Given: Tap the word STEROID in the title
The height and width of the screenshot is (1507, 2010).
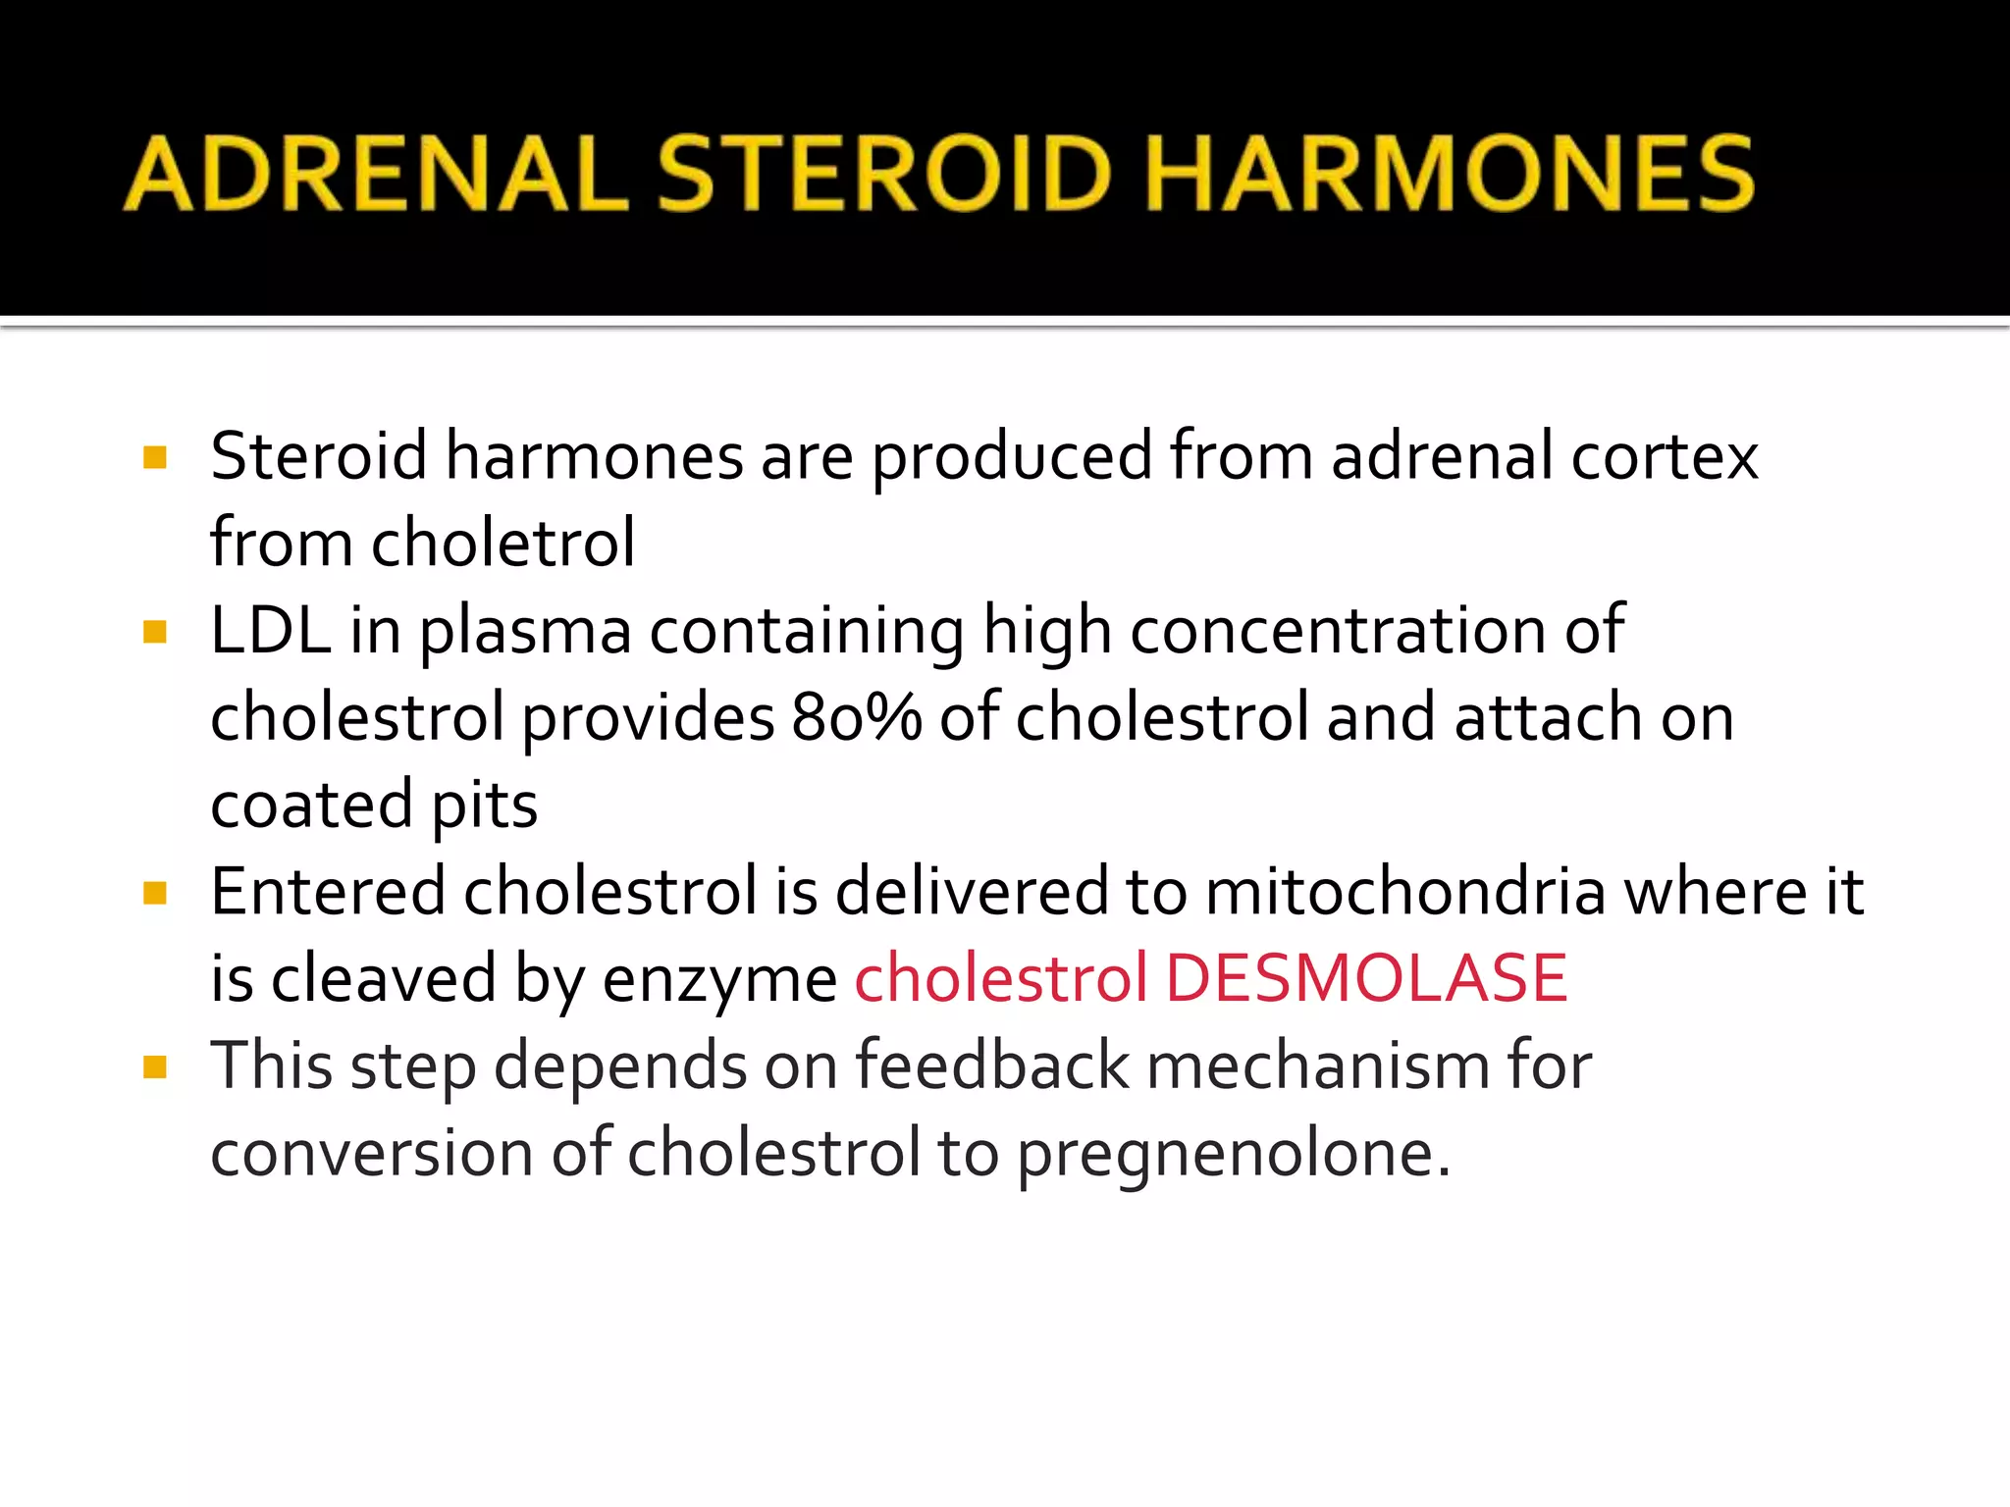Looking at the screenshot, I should point(883,174).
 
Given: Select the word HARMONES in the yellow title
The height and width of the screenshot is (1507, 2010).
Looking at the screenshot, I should point(1450,174).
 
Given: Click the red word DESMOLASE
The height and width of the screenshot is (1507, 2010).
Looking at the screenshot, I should point(1366,978).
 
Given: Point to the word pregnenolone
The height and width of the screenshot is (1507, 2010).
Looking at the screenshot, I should point(1233,1154).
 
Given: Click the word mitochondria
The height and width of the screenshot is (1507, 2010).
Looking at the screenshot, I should point(1404,892).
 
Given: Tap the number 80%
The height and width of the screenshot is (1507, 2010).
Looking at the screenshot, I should point(856,717).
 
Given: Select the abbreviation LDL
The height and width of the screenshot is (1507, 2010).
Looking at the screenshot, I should point(270,630).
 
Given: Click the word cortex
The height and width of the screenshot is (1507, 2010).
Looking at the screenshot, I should point(1665,456).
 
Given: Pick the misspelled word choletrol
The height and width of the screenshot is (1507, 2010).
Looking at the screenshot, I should point(502,543).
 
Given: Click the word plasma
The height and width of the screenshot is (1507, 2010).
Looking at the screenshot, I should point(525,632).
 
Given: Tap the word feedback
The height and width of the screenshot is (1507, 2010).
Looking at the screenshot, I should point(992,1065).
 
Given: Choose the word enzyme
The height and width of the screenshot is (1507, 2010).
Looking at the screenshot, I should point(719,980).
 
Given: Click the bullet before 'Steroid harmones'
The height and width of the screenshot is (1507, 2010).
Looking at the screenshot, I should point(154,457).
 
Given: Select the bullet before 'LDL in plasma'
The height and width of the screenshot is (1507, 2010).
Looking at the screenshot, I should point(154,631).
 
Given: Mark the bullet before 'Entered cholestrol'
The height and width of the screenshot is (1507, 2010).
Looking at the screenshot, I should point(154,892).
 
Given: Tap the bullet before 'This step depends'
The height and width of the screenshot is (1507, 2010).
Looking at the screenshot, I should point(154,1066).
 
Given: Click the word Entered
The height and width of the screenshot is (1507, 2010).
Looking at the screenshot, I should point(328,892).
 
